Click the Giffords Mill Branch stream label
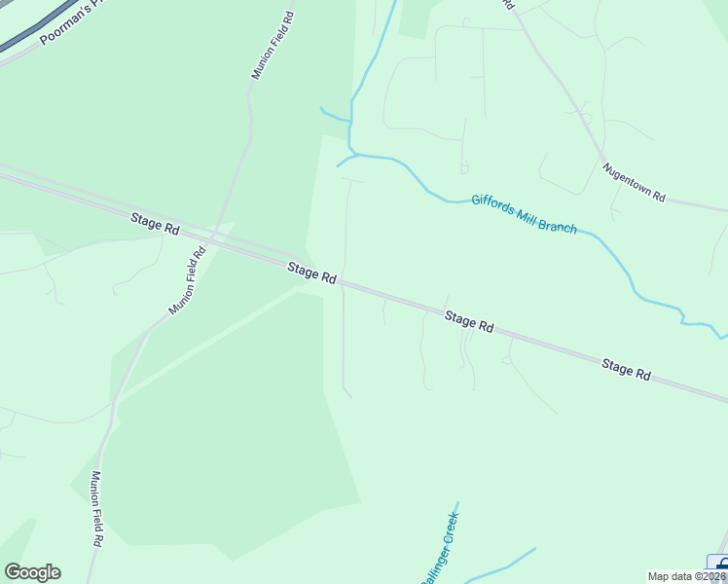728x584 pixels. (x=524, y=214)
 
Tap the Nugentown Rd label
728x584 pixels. (x=633, y=182)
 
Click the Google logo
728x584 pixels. (x=32, y=572)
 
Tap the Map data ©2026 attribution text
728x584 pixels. (x=687, y=576)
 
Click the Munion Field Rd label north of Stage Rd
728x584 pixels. (x=273, y=46)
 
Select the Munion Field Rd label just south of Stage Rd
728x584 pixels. (x=187, y=280)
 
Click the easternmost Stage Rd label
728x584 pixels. (x=626, y=368)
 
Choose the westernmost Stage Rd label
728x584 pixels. (x=155, y=225)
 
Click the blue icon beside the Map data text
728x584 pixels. (x=718, y=564)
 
